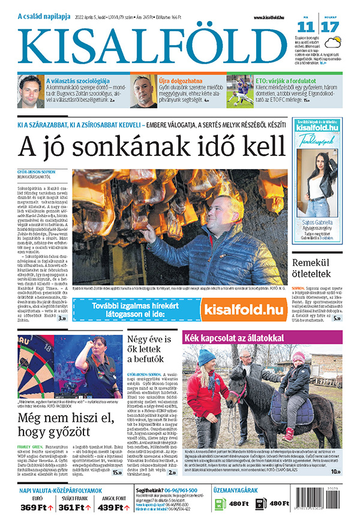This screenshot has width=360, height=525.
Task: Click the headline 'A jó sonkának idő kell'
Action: click(151, 146)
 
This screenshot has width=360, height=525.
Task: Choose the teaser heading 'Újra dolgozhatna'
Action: click(179, 79)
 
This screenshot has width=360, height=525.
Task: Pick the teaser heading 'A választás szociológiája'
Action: click(77, 79)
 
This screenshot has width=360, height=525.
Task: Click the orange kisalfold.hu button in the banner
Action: click(242, 310)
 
